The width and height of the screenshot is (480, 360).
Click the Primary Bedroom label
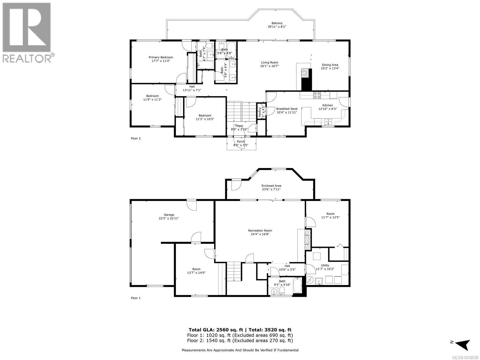tap(161, 57)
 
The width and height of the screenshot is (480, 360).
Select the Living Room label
tap(269, 62)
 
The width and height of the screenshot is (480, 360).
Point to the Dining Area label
tap(330, 65)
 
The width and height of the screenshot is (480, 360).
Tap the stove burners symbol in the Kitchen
tap(317, 95)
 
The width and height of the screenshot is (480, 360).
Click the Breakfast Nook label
tap(287, 109)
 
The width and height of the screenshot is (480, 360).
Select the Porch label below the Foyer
tap(241, 142)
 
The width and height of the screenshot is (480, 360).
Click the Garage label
tap(169, 215)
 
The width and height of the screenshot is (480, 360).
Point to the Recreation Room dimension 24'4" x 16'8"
tap(260, 234)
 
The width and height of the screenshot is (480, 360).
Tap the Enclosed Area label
tap(271, 186)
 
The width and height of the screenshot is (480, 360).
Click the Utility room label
tap(325, 265)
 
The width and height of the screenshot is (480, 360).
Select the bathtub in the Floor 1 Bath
tap(297, 285)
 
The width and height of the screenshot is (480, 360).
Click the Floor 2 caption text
tap(136, 139)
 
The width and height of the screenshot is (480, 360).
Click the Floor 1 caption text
tap(136, 298)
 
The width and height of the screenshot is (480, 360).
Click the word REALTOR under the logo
tap(27, 58)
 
